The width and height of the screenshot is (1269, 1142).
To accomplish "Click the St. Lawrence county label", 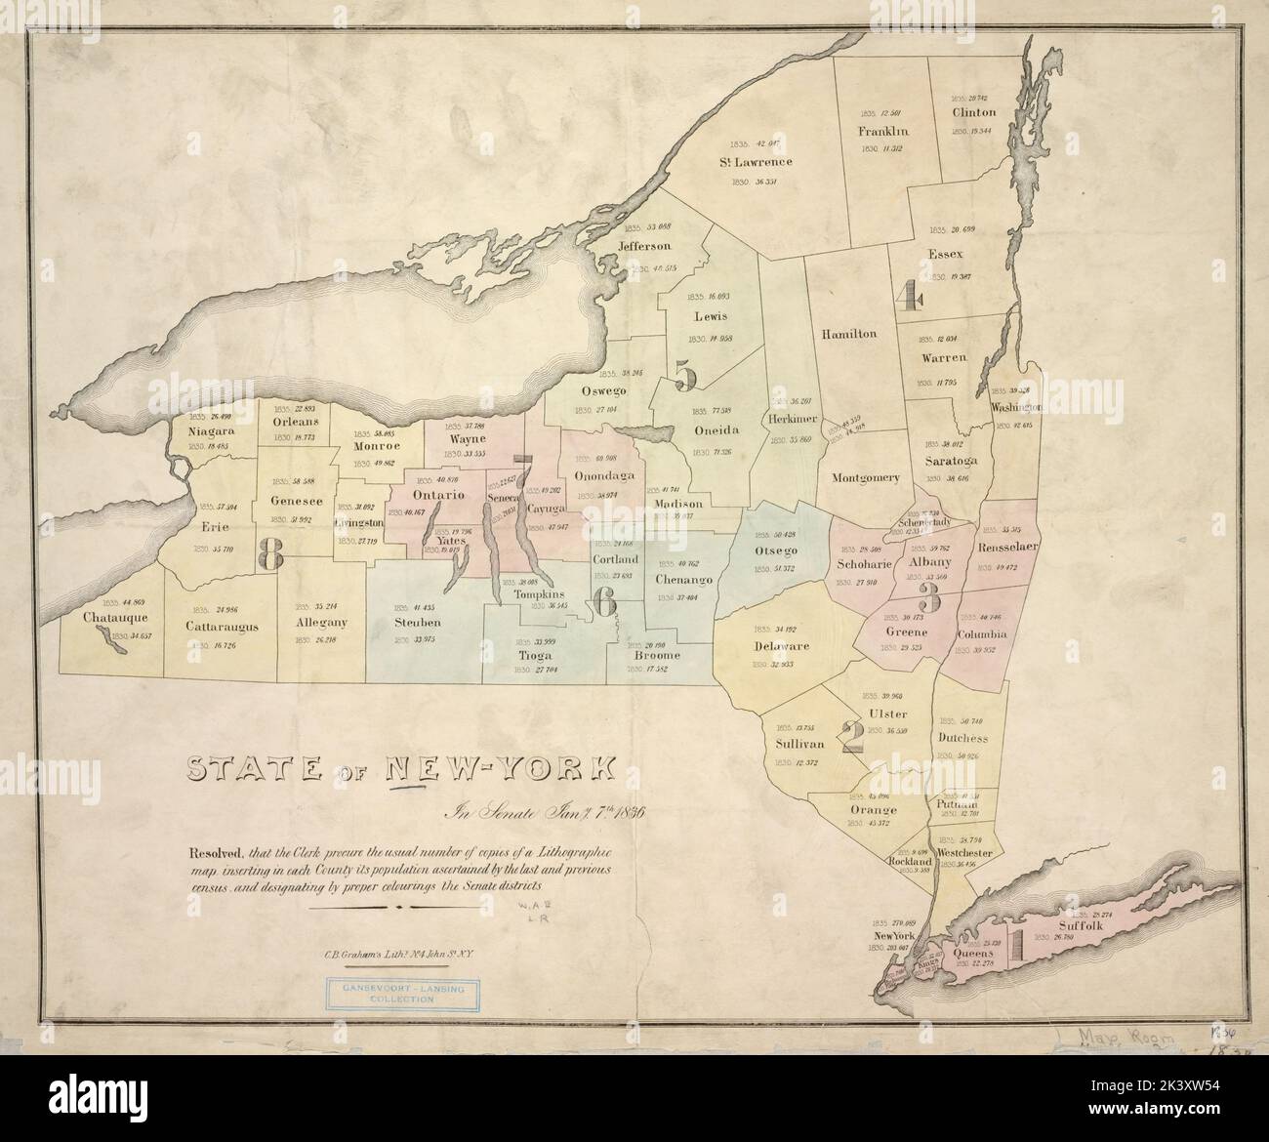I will pos(756,161).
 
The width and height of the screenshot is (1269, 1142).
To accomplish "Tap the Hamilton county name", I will pos(848,333).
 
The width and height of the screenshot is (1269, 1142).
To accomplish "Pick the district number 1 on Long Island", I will pos(1015,942).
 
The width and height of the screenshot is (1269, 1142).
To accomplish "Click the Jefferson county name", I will pos(644,246).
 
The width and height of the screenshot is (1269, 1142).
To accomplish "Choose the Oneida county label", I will pos(716,430).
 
